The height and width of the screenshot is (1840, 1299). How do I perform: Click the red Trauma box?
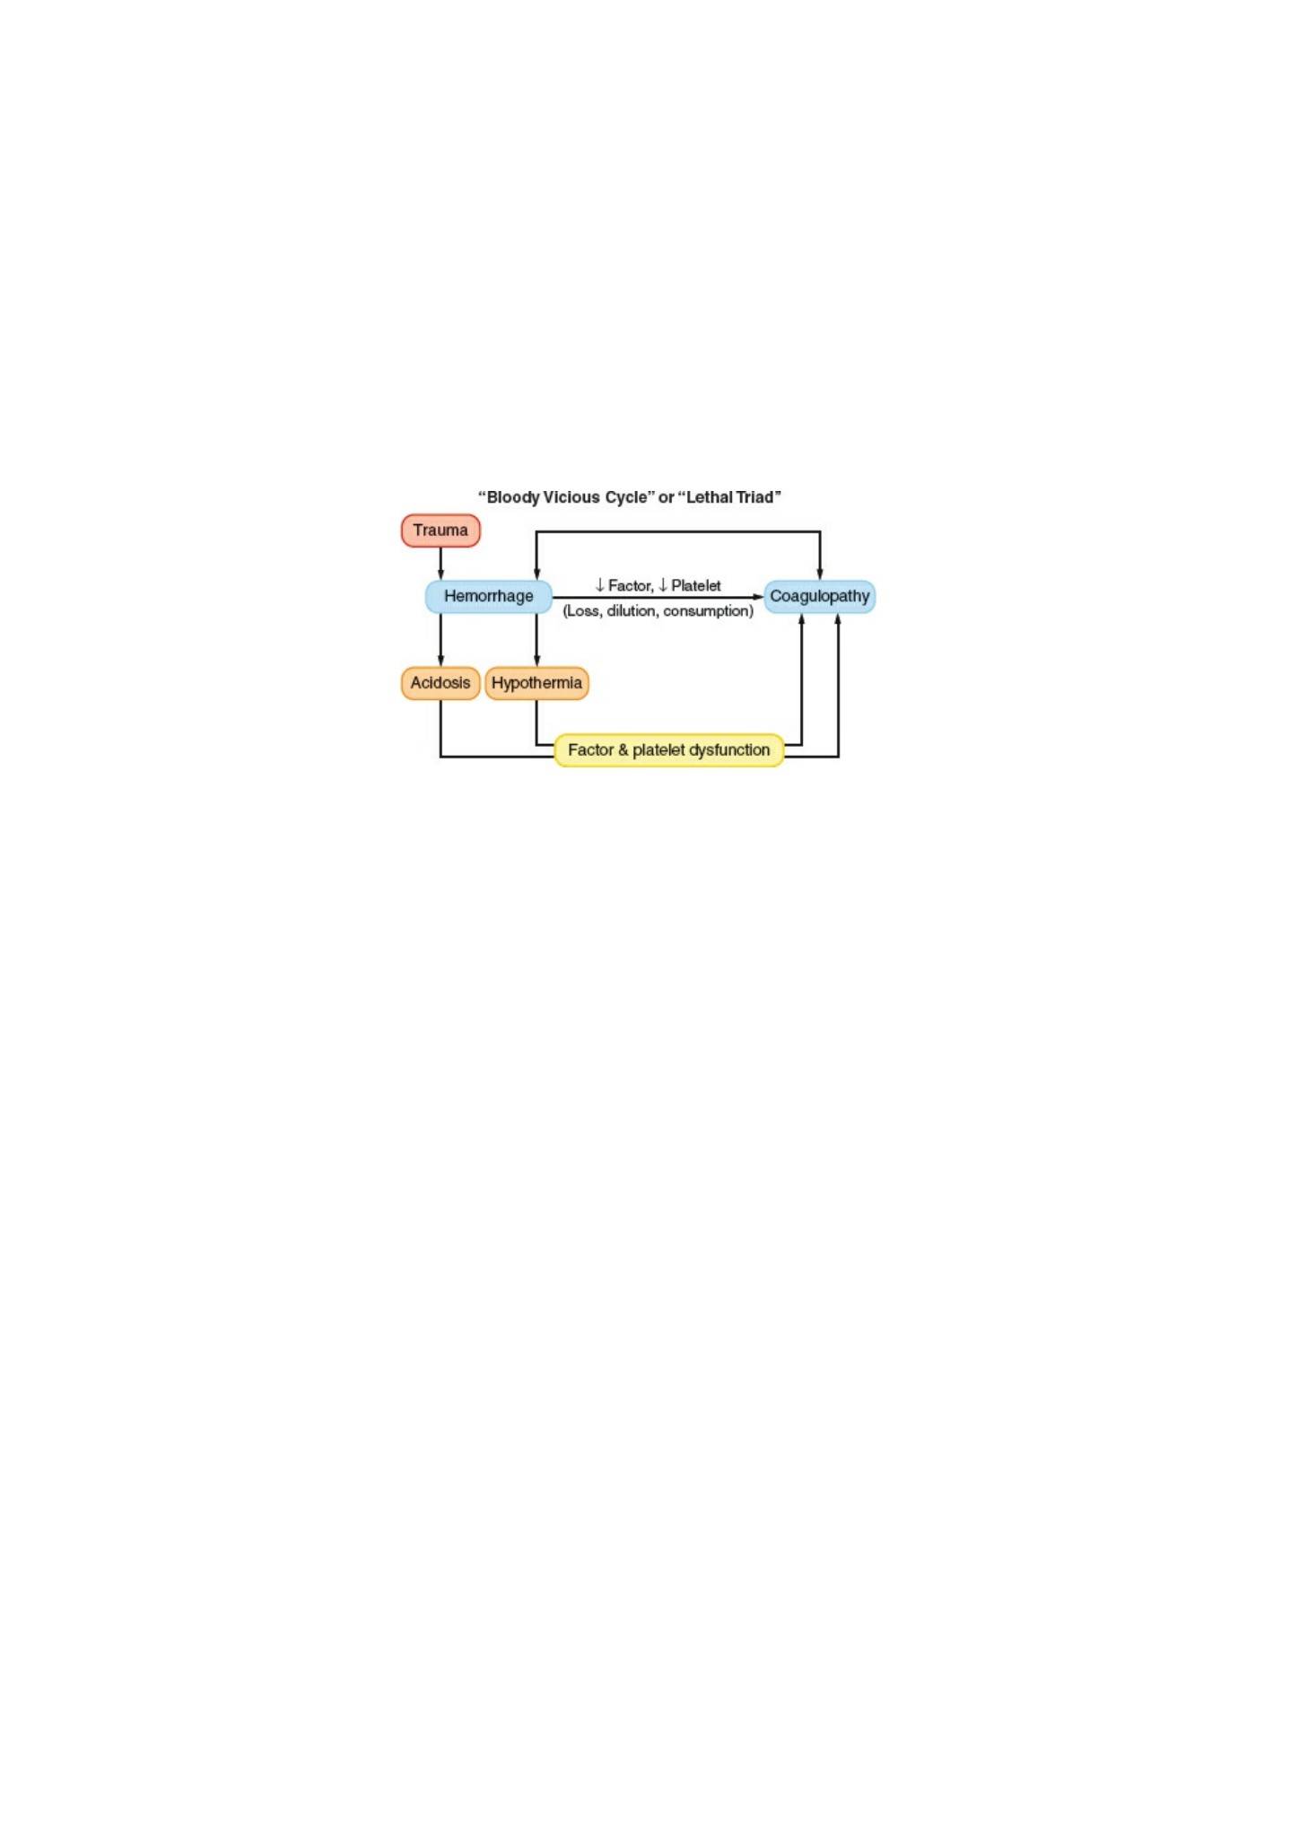click(440, 530)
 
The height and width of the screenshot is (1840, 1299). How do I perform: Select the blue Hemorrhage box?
click(489, 597)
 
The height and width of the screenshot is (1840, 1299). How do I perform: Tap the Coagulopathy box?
click(820, 597)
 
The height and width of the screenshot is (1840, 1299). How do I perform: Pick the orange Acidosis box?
click(440, 683)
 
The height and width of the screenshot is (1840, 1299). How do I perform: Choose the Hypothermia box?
click(536, 683)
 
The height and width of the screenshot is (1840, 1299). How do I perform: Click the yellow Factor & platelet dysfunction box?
click(669, 750)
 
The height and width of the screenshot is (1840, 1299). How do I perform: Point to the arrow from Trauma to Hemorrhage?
click(440, 564)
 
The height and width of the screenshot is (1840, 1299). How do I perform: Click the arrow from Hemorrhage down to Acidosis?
click(440, 640)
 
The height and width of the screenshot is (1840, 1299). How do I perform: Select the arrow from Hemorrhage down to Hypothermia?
click(536, 640)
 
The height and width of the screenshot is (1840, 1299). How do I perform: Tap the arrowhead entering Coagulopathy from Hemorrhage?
click(759, 597)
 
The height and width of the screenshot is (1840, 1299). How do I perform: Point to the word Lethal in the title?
click(708, 497)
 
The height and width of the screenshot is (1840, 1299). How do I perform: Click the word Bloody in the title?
click(513, 498)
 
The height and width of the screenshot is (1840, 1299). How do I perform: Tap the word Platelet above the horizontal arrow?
click(696, 586)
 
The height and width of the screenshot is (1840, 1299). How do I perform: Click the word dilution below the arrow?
click(632, 610)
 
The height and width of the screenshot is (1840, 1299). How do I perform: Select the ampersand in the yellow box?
click(623, 750)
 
